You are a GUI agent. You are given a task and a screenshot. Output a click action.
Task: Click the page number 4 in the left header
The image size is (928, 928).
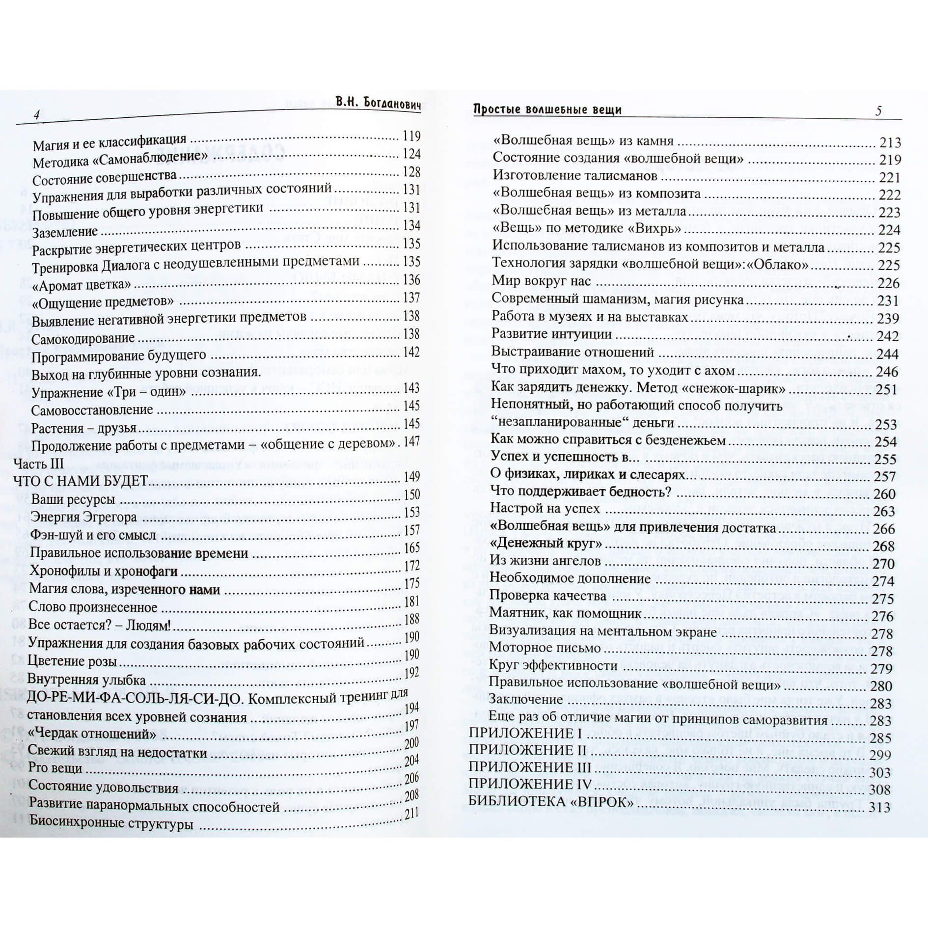pos(36,115)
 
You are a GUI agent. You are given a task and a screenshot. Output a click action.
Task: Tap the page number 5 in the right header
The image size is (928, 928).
pos(878,111)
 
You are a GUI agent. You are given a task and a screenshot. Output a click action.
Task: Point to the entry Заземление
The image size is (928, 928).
pos(65,232)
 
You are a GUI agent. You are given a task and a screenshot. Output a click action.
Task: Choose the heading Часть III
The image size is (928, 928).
pos(39,464)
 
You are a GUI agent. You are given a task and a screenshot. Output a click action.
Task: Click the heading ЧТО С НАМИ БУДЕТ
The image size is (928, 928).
pos(80,481)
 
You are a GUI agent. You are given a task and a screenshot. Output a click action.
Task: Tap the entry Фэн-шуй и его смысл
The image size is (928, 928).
pos(93,535)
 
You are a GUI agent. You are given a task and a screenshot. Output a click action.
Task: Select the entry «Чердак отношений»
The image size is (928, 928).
pos(92,734)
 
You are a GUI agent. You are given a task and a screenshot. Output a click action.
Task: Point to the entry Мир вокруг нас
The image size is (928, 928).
pos(541,282)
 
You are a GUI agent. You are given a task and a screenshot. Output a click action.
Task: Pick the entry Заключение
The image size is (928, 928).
pos(526,699)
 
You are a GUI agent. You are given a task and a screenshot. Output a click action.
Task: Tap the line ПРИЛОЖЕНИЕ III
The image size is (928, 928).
pos(529,767)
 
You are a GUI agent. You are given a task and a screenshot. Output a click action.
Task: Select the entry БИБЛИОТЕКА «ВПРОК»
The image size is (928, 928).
pos(551,802)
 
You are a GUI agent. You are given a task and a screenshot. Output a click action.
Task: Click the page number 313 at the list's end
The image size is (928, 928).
pos(879,808)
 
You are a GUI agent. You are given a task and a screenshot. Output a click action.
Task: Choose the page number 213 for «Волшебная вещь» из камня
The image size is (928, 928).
pos(890,143)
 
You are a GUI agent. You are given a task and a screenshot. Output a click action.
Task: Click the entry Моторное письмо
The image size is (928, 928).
pos(545,648)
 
